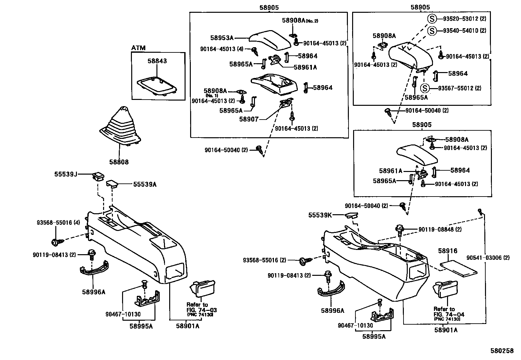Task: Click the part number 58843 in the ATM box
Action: [157, 61]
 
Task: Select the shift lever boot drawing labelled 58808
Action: [120, 128]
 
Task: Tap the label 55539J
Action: [66, 175]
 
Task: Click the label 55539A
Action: [145, 184]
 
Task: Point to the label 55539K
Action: [320, 215]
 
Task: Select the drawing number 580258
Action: [502, 351]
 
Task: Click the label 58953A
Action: [222, 38]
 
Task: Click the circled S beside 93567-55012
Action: [425, 88]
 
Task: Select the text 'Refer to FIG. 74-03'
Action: [201, 307]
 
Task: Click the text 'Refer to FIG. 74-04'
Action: [449, 312]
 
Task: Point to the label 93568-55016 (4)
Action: [58, 223]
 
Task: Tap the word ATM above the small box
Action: [138, 48]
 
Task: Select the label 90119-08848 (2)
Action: [440, 230]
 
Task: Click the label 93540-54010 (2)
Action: [464, 30]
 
